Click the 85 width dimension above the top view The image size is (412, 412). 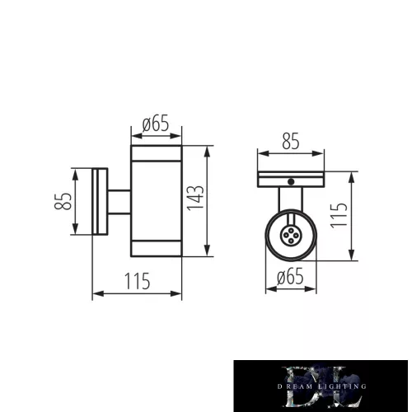coord(291,141)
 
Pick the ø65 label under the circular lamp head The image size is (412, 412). coord(289,277)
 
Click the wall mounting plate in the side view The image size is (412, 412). coord(100,202)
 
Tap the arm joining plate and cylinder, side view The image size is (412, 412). coord(119,202)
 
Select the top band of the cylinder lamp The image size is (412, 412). coord(157,155)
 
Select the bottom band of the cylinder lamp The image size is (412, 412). coord(157,249)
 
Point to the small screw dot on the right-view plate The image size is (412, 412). coord(290,180)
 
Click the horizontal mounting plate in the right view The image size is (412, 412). coord(291,178)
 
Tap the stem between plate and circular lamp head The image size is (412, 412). coord(290,200)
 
